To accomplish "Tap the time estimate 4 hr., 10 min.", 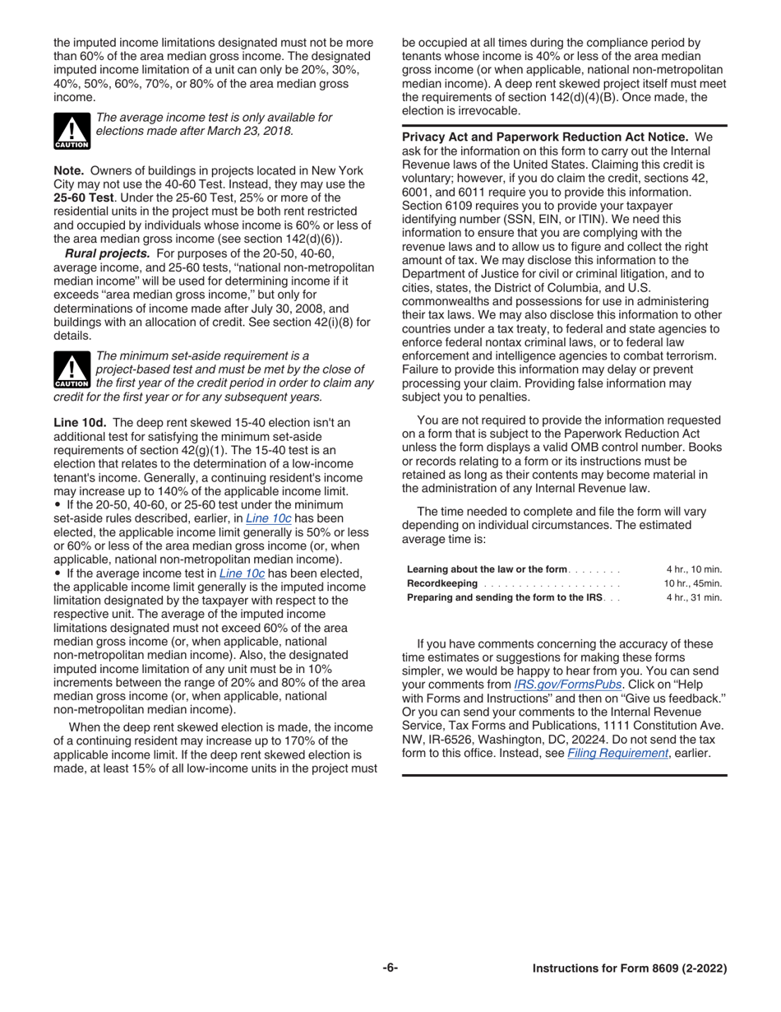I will click(694, 569).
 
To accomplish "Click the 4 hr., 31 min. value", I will click(694, 597).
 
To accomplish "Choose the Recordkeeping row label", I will click(441, 583).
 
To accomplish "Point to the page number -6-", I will click(390, 968).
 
